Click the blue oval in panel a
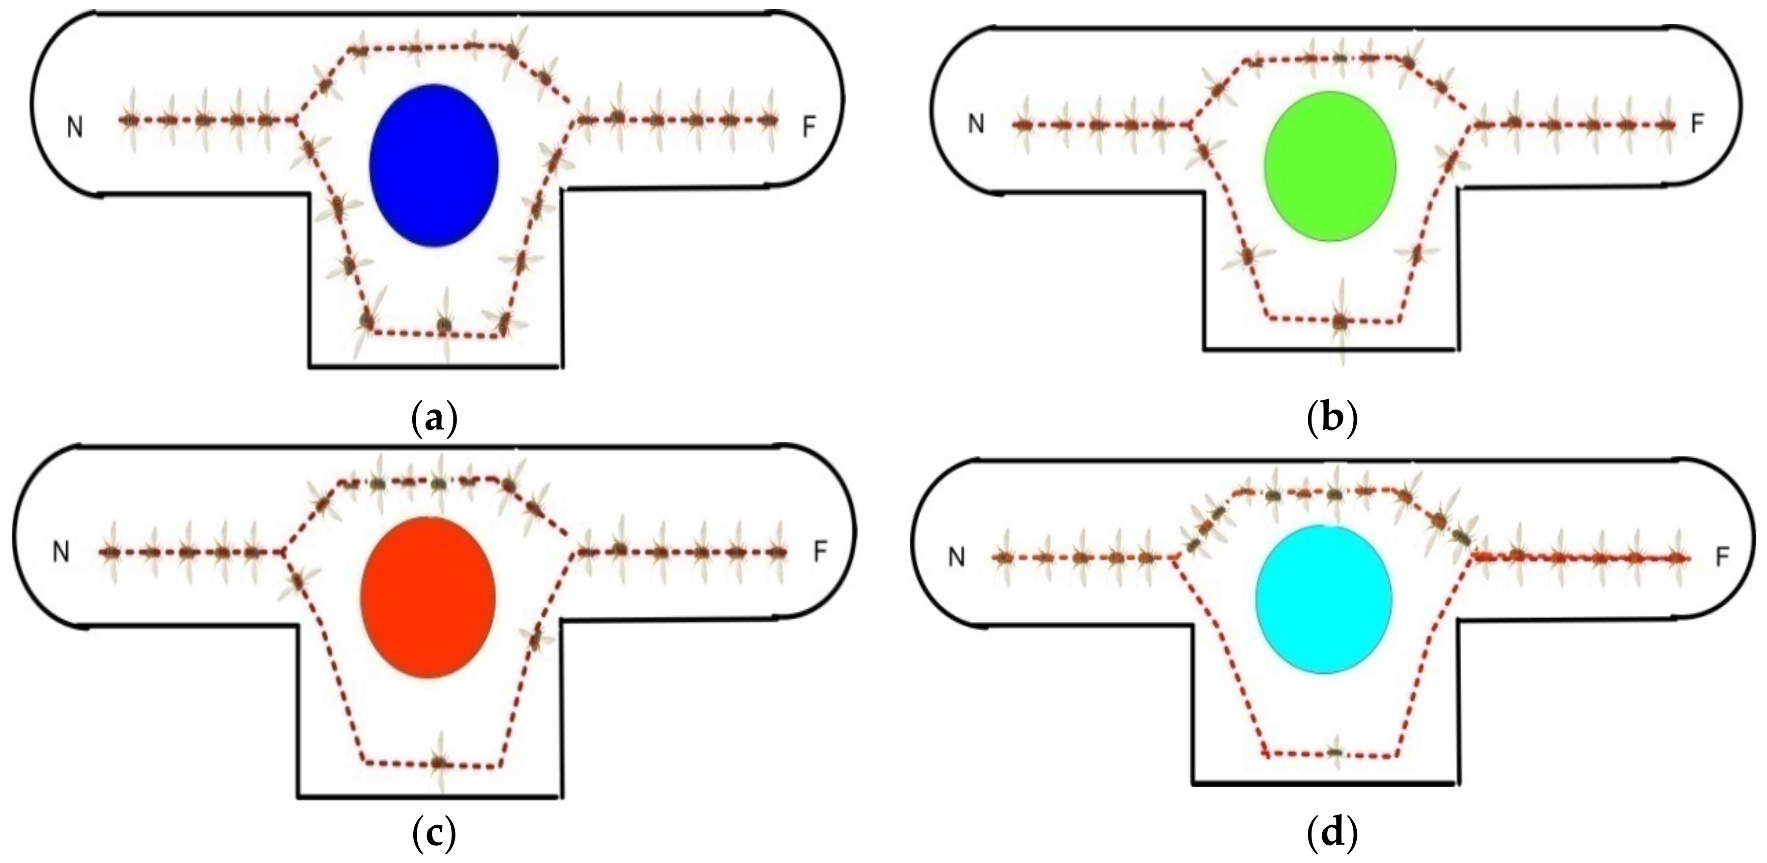434,165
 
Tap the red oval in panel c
427,597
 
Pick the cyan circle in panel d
1324,599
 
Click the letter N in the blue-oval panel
75,127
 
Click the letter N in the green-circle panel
976,124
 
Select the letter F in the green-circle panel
1698,124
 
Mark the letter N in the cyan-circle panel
956,558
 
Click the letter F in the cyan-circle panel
1722,558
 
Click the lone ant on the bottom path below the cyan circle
1334,753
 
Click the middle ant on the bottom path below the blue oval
444,323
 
